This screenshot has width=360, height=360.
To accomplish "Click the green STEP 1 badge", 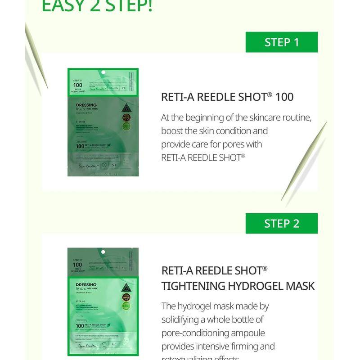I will coord(281,42).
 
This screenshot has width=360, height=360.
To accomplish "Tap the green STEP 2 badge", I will coord(281,224).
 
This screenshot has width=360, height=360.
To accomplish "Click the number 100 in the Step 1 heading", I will coord(284,97).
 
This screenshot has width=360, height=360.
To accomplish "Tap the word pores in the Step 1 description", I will coord(249,144).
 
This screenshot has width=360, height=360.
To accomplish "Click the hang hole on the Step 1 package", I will coord(103,72).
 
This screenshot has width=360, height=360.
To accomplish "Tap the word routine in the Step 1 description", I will coord(295,117).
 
